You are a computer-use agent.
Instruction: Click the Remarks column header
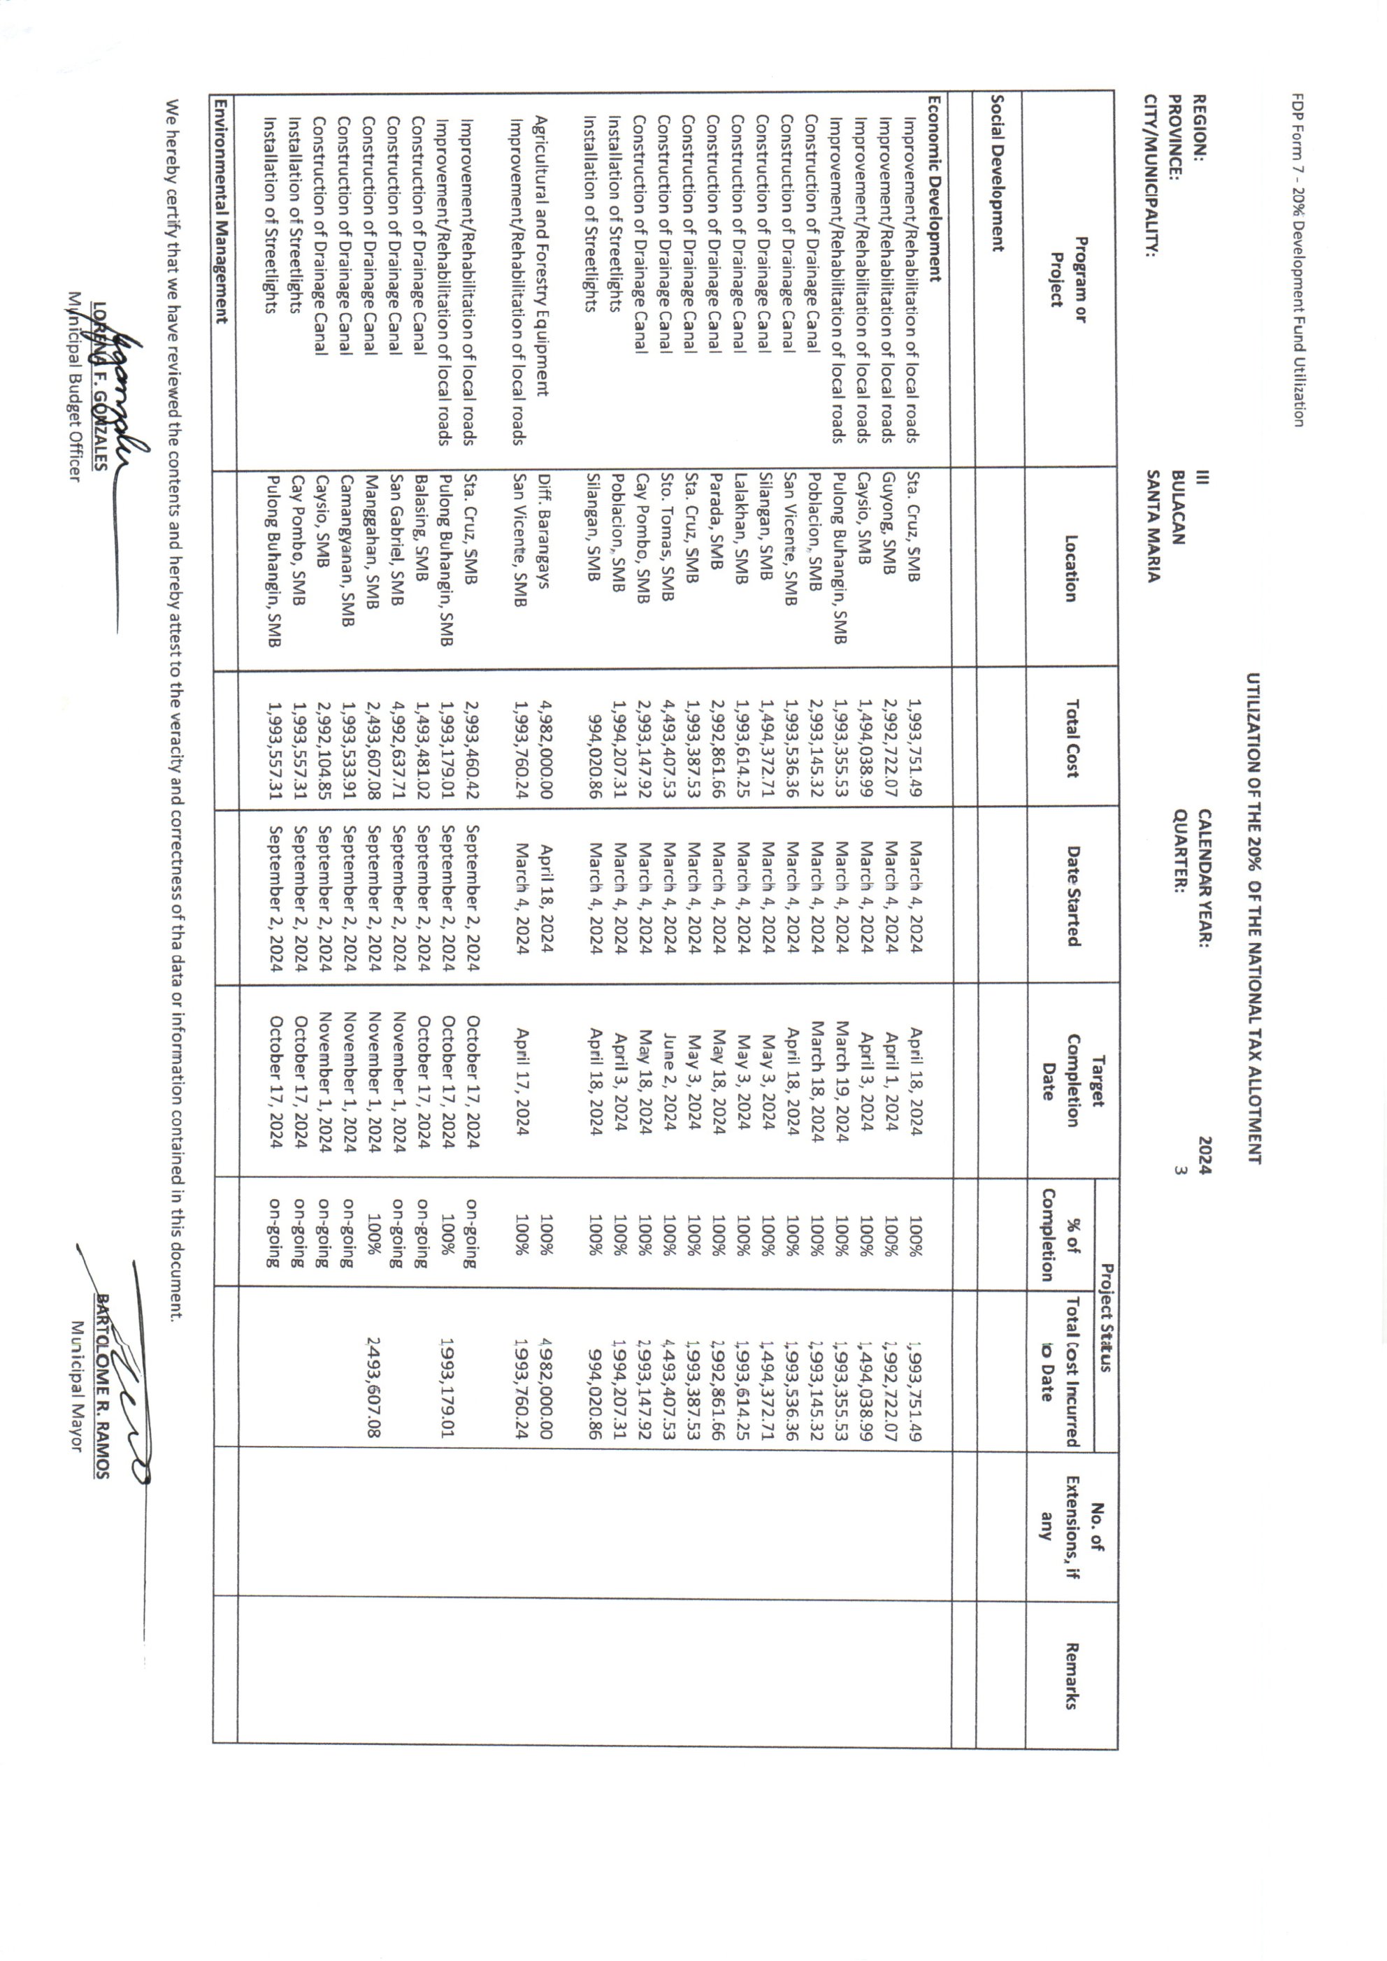(x=1071, y=1676)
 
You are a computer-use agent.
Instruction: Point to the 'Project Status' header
(x=1106, y=1318)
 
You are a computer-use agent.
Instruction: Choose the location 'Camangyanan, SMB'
(x=347, y=551)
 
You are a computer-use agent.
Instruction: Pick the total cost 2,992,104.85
(x=323, y=743)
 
